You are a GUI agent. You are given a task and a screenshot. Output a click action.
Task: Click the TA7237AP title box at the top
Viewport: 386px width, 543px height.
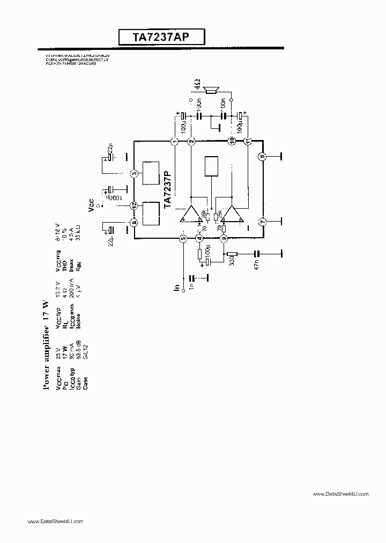[x=161, y=37]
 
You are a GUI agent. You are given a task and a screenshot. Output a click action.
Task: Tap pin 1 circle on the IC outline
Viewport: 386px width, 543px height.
[x=174, y=141]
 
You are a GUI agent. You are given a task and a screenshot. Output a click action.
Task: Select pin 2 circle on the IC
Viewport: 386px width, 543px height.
[x=191, y=141]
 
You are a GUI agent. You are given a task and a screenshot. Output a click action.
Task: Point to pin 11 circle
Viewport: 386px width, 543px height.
[x=248, y=141]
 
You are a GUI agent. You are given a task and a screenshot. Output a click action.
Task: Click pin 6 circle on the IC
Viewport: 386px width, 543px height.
[x=262, y=157]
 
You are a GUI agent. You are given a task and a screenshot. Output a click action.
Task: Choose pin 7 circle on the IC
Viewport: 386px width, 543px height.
[x=262, y=222]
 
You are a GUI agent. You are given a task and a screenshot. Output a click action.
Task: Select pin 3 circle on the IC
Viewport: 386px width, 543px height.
[x=134, y=173]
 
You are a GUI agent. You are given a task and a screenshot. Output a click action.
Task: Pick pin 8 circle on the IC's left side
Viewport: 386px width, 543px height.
[x=134, y=222]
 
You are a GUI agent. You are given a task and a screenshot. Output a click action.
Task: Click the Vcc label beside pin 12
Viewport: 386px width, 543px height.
[x=92, y=208]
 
